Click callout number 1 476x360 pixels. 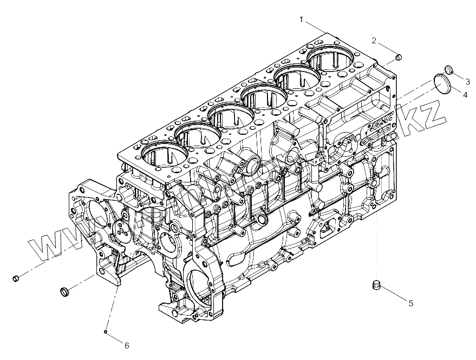[x=302, y=19]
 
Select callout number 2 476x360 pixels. [x=374, y=40]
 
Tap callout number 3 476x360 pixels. [x=467, y=81]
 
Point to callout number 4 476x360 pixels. [x=465, y=94]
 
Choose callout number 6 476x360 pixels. [x=127, y=345]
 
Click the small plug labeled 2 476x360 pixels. [x=399, y=57]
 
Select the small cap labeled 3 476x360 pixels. [x=449, y=69]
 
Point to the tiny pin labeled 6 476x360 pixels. [x=106, y=331]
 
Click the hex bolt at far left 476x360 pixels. [x=16, y=278]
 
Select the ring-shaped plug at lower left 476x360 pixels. [x=63, y=292]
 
